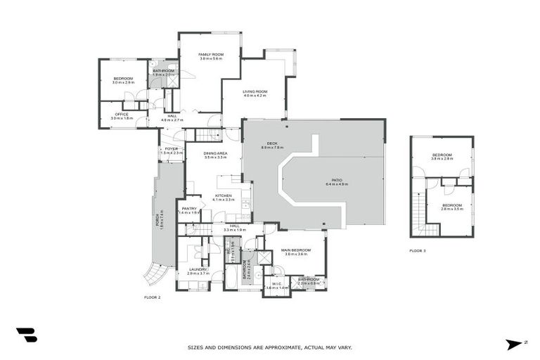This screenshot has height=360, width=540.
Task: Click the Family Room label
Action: point(210,55)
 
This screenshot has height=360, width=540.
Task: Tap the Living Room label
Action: point(255,92)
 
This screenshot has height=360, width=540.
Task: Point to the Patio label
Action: point(336,180)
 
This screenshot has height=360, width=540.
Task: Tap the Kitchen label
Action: point(224,196)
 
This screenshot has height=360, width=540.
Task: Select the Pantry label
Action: point(189,208)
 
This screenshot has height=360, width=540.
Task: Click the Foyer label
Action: point(172,149)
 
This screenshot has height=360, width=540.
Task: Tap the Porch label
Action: point(160,220)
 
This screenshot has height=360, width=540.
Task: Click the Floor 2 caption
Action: point(153,297)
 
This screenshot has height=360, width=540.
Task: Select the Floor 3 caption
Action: point(418,250)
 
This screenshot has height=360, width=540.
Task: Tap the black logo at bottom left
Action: point(26,335)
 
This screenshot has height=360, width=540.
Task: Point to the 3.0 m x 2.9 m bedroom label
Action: point(123,79)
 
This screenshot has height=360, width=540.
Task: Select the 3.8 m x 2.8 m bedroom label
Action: point(442,156)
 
